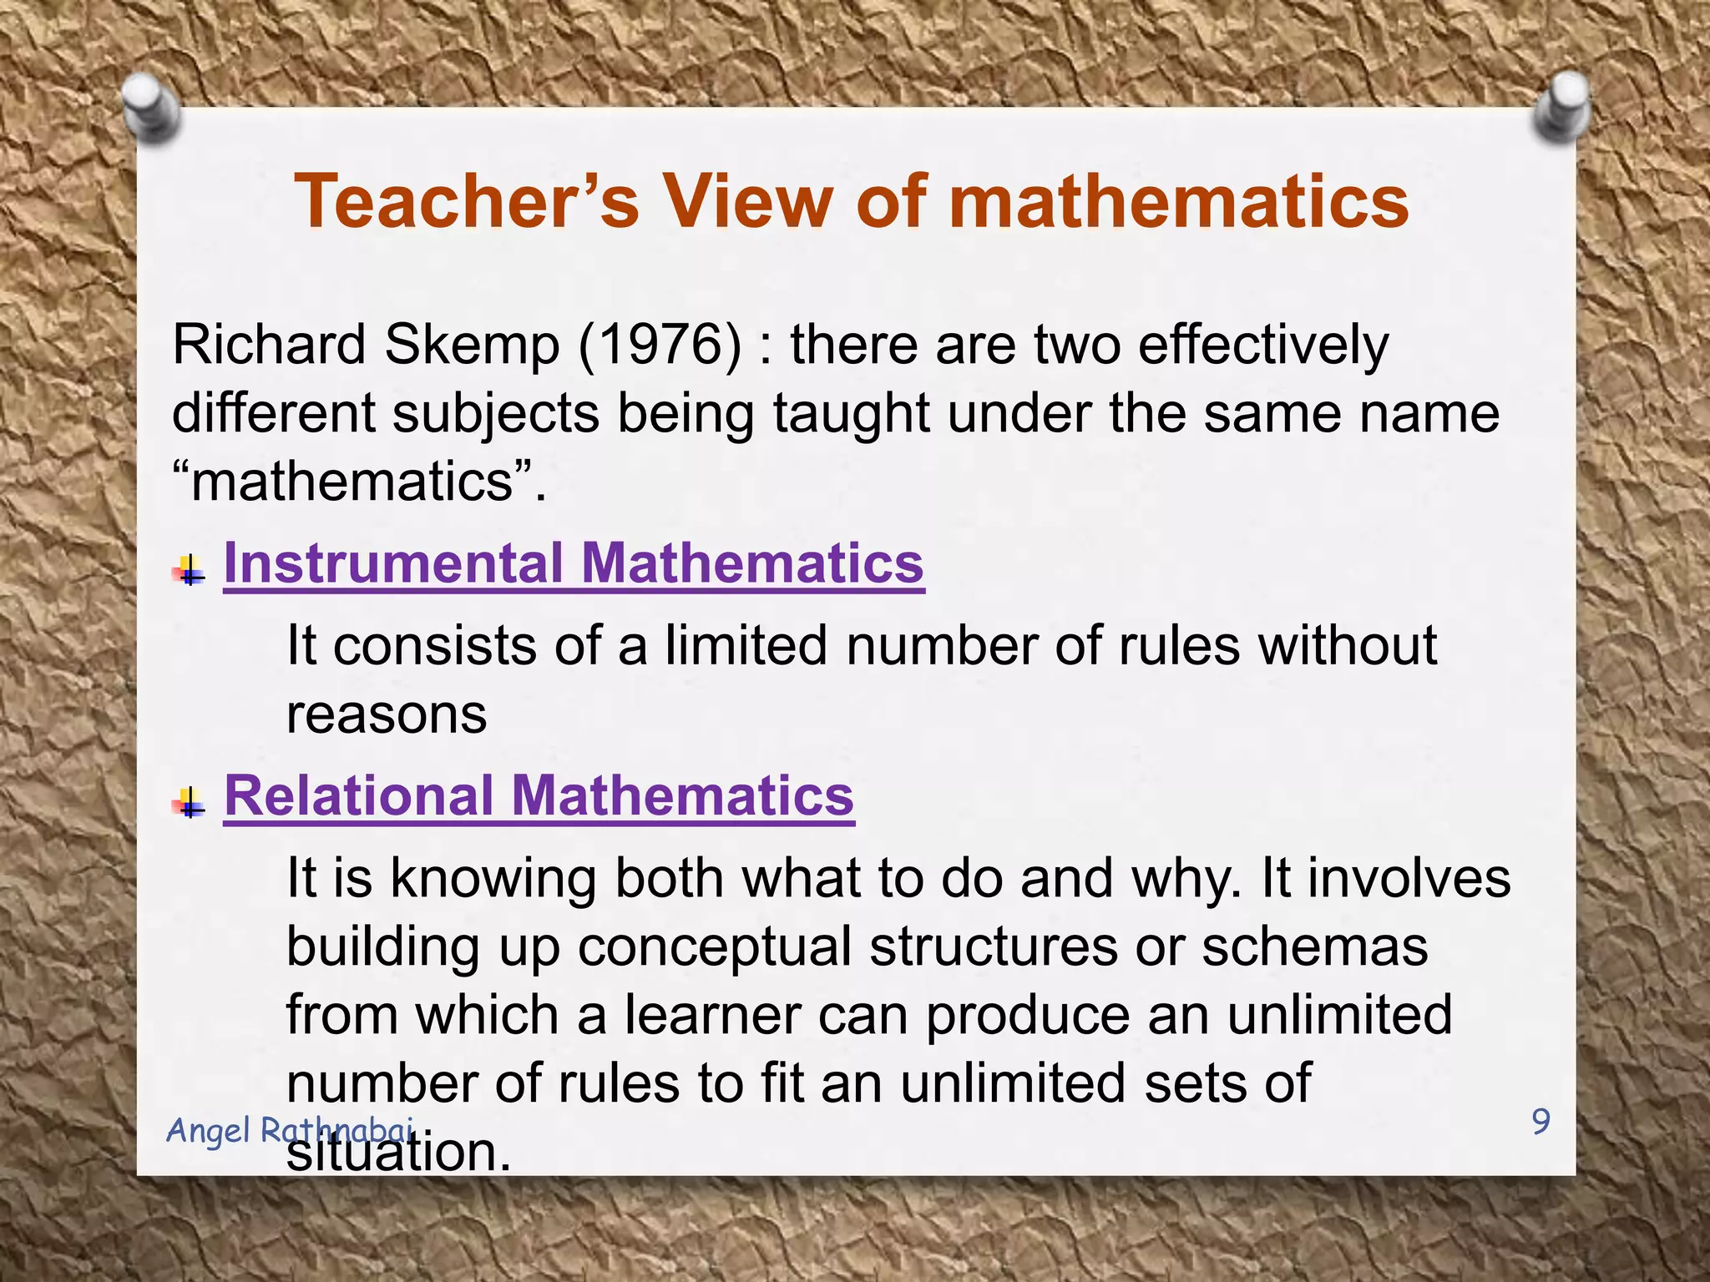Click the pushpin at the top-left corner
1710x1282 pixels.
(x=151, y=107)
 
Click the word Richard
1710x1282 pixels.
(x=269, y=344)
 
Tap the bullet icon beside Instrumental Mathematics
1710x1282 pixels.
(x=190, y=571)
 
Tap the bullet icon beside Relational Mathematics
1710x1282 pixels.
(x=190, y=803)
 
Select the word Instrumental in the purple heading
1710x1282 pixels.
(x=393, y=563)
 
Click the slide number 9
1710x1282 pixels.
(x=1541, y=1121)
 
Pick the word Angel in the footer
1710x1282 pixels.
(x=208, y=1131)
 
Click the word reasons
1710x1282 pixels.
(x=387, y=714)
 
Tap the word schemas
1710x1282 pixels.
(x=1315, y=946)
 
